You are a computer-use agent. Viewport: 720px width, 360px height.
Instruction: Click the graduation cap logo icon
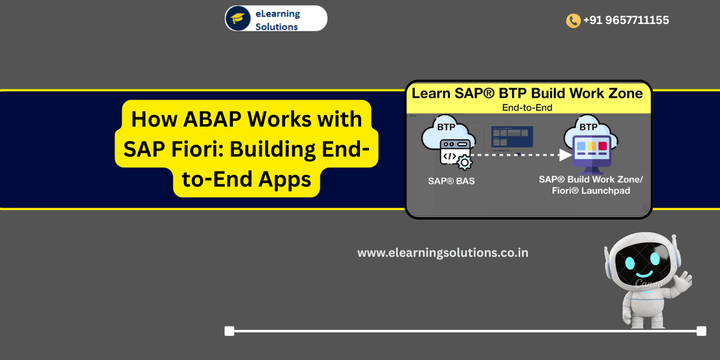238,18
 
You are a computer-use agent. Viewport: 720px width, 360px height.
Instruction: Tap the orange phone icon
573,20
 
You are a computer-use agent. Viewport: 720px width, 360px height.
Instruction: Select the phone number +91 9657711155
626,20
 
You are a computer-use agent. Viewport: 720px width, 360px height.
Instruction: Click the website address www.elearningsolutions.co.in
443,253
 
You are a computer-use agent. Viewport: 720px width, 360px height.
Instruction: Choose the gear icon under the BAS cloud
464,161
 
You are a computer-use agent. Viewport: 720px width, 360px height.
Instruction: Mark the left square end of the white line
229,331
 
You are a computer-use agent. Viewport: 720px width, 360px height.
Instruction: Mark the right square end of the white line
701,331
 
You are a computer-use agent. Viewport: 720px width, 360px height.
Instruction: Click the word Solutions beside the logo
277,26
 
